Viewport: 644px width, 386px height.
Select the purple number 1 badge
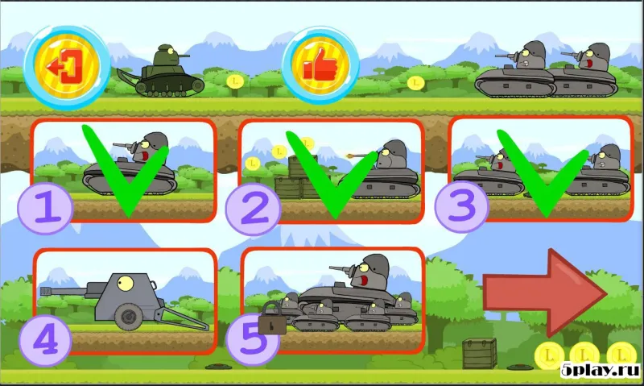coord(46,207)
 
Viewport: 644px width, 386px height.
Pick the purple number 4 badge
coord(46,339)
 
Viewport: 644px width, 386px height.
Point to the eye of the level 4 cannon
coord(126,281)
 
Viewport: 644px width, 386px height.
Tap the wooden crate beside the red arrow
coord(479,353)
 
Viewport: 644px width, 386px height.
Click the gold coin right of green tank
coord(235,81)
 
